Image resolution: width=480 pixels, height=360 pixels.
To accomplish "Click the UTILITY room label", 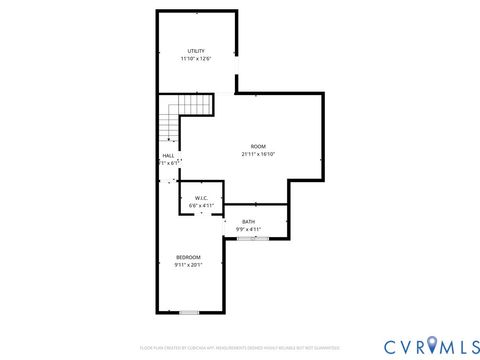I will coord(196,51).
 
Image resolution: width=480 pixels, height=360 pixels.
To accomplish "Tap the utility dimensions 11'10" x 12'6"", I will coord(196,59).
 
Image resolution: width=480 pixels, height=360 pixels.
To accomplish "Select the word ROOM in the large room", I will coord(258,146).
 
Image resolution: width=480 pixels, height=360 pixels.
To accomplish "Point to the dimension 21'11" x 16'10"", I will coord(258,154).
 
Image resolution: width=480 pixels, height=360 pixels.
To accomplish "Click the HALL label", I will coord(168,155).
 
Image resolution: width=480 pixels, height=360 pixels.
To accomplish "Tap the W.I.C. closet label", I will coord(200,198).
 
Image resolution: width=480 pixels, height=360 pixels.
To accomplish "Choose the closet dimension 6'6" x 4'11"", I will coord(200,206).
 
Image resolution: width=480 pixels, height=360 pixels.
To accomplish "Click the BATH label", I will coord(248,221).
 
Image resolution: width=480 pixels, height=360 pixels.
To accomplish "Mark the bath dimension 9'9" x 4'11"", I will coord(248,229).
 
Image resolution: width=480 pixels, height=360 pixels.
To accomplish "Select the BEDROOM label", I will coord(188,257).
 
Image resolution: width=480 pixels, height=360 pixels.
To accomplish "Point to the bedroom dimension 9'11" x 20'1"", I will coord(188,265).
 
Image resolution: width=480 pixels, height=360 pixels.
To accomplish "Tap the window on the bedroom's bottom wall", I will coord(189,313).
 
